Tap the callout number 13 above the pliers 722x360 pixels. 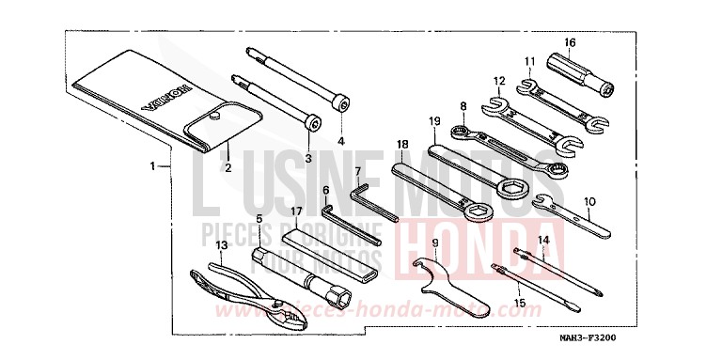(x=223, y=246)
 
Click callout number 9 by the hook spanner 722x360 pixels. (x=434, y=242)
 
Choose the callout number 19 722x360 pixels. (x=435, y=121)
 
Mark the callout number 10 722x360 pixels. (x=589, y=200)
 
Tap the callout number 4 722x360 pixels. (x=341, y=142)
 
